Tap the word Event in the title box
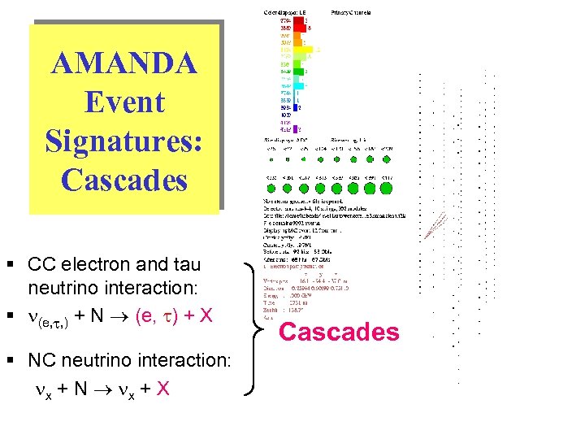coord(123,102)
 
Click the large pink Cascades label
coord(339,332)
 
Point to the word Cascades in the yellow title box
coord(123,180)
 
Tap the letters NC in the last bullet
coord(41,359)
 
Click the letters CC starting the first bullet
coord(41,264)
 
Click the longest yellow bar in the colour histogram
coord(302,50)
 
